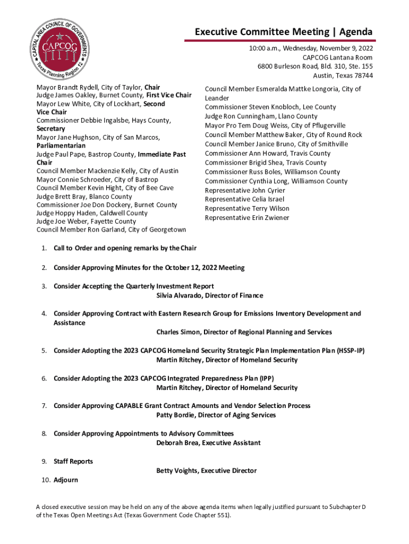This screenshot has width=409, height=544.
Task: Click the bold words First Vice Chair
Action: pos(169,95)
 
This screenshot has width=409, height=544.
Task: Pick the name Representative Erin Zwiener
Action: pos(247,218)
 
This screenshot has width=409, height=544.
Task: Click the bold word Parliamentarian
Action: pos(61,146)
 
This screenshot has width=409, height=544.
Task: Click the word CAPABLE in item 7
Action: pos(131,406)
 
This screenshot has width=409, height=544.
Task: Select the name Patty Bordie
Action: pos(176,415)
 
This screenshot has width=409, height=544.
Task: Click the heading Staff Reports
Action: pos(73,461)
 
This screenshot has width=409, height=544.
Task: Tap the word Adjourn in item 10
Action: pos(66,480)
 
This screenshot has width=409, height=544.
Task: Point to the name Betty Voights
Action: pos(177,471)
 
